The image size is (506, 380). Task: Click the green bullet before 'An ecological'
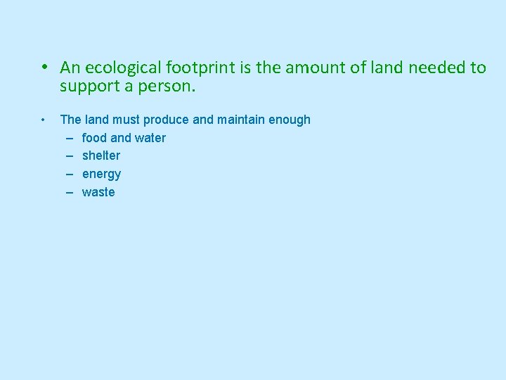[44, 68]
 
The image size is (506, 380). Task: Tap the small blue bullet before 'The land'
[44, 119]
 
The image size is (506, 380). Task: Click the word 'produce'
[166, 120]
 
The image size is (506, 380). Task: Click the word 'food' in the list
[93, 138]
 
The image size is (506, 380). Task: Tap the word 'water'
[150, 138]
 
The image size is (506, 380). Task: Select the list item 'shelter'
[101, 156]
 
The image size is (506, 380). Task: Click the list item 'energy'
[101, 174]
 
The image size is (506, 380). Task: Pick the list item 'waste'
[98, 192]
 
